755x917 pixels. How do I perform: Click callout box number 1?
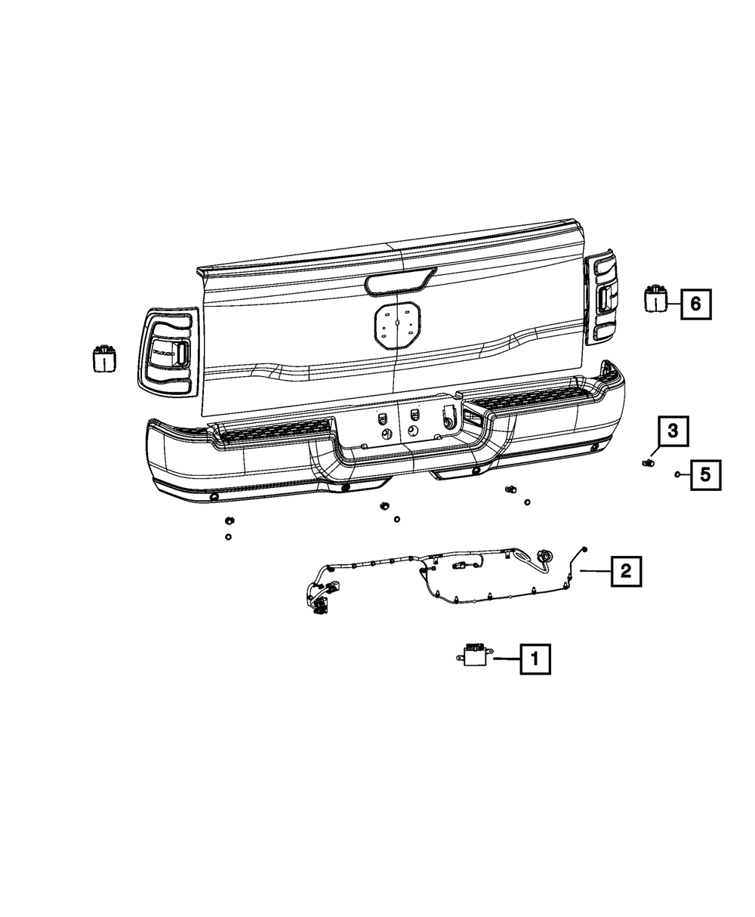click(535, 659)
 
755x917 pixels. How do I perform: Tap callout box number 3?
click(673, 431)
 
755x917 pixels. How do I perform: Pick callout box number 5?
click(704, 474)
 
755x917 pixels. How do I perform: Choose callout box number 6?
click(695, 304)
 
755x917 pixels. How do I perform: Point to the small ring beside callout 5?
click(678, 474)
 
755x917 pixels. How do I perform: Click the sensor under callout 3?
click(648, 462)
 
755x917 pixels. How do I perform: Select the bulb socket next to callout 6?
click(655, 299)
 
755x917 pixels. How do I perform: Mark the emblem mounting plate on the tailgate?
click(396, 326)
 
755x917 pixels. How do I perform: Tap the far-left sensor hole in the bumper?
click(214, 497)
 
